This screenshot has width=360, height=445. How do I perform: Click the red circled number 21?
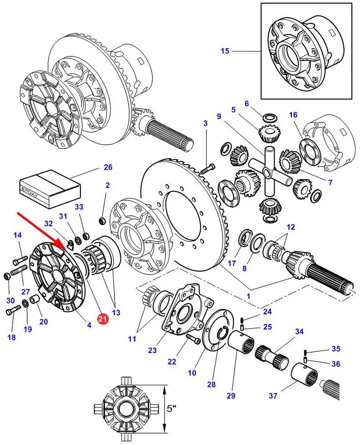pyautogui.click(x=103, y=319)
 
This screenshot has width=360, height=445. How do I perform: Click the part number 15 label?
pyautogui.click(x=225, y=51)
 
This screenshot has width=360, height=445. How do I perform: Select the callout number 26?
pyautogui.click(x=108, y=167)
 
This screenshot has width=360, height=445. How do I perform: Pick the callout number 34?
pyautogui.click(x=299, y=332)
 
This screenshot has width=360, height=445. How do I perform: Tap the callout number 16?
pyautogui.click(x=293, y=114)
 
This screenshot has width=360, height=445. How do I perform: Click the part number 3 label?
pyautogui.click(x=205, y=123)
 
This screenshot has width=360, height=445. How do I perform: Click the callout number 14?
pyautogui.click(x=17, y=235)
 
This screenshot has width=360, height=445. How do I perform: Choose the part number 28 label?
pyautogui.click(x=211, y=384)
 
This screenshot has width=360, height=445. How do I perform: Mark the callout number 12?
pyautogui.click(x=290, y=227)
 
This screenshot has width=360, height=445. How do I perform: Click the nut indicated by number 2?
pyautogui.click(x=103, y=221)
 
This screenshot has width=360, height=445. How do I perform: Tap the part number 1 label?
pyautogui.click(x=248, y=295)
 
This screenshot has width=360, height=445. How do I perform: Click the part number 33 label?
pyautogui.click(x=79, y=207)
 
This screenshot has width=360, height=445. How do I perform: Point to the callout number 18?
pyautogui.click(x=12, y=337)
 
